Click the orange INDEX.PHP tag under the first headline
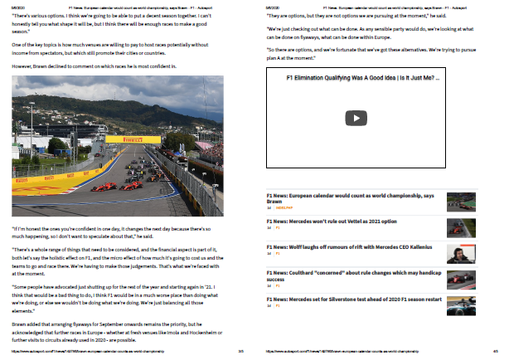click(x=285, y=208)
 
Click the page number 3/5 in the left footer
click(x=240, y=352)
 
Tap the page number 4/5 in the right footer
click(x=494, y=352)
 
